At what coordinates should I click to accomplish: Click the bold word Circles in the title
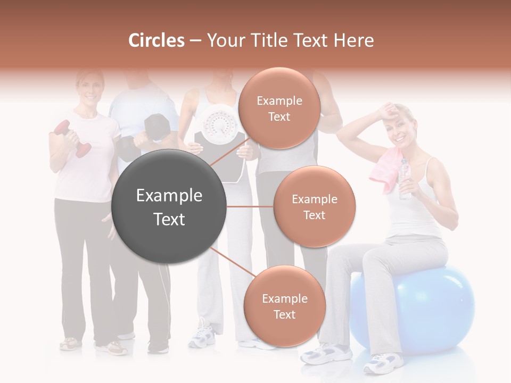[x=156, y=40]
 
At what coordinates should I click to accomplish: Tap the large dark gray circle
[x=169, y=206]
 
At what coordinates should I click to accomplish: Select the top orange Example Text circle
[x=279, y=108]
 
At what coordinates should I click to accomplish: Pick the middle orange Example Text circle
[x=314, y=206]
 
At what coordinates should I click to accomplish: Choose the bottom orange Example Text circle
[x=284, y=306]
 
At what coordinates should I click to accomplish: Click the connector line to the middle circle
[x=250, y=206]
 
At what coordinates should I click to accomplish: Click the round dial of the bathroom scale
[x=218, y=125]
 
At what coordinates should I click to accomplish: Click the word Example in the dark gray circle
[x=169, y=196]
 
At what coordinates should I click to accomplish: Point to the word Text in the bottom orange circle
[x=284, y=314]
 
